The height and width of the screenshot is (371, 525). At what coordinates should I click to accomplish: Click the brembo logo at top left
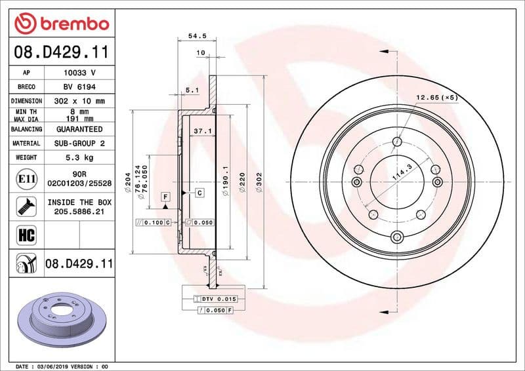tap(61, 24)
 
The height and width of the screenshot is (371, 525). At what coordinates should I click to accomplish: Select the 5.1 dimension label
tap(192, 90)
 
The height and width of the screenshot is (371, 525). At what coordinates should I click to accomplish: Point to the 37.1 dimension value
tap(202, 131)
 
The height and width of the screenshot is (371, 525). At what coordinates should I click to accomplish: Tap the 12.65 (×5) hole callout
tap(436, 98)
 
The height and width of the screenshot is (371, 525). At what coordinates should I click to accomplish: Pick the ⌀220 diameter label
tap(242, 181)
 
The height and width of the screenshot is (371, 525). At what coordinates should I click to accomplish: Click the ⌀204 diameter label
tap(137, 176)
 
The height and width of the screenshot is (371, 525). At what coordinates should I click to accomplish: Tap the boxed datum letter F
tap(165, 196)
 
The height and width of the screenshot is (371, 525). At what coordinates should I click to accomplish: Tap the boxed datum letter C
tap(198, 193)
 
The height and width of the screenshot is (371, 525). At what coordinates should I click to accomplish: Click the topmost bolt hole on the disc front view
tap(396, 141)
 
